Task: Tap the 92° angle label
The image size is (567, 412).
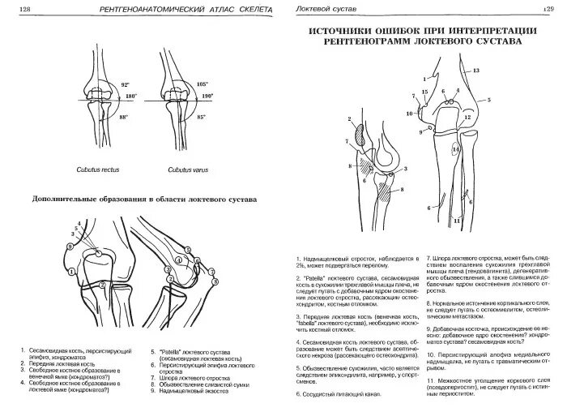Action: click(126, 84)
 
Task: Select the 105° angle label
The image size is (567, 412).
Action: click(202, 84)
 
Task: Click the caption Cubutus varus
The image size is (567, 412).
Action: click(185, 170)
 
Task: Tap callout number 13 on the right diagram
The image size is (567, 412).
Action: click(475, 71)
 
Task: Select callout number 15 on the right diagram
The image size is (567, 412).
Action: click(424, 94)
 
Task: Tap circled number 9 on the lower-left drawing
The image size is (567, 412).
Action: click(215, 280)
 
